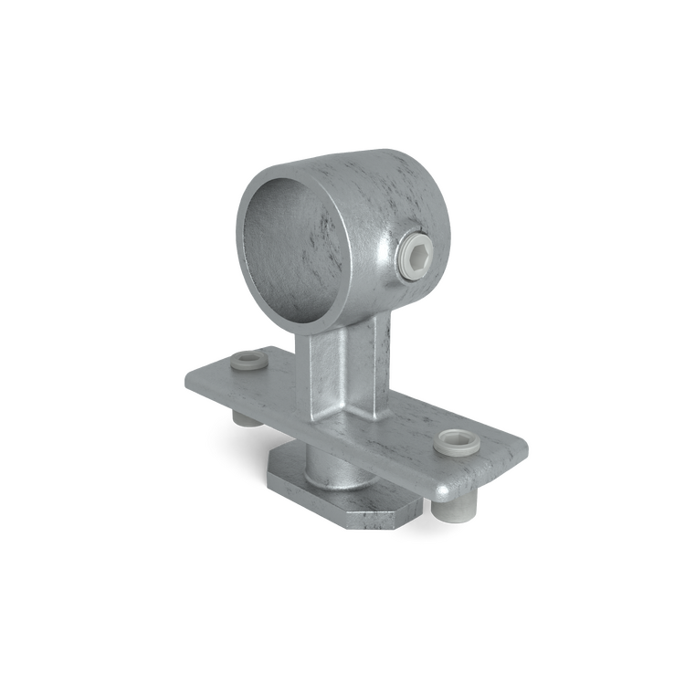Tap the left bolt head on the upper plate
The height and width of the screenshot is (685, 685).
point(249,364)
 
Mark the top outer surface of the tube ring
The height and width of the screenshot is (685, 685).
point(356,164)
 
